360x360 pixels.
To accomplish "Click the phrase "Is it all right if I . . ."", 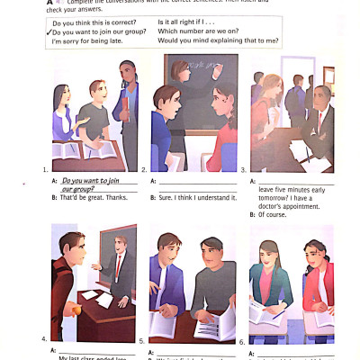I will (186, 22).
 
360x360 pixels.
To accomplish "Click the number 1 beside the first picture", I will (45, 169).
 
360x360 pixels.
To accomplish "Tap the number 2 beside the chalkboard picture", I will (145, 169).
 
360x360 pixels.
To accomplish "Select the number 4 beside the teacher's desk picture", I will (44, 338).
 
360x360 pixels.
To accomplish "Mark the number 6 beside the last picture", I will (242, 342).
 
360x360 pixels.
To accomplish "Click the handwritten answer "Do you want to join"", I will (92, 181).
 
